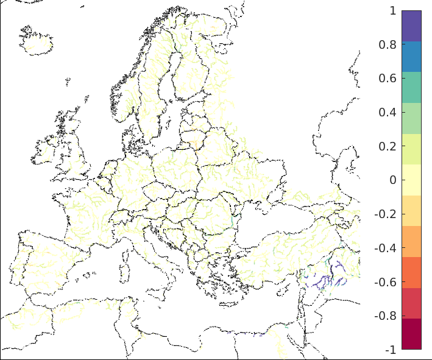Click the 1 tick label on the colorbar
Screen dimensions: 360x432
[392, 11]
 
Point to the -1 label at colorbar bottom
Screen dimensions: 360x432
[390, 350]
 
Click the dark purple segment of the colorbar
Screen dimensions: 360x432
[411, 26]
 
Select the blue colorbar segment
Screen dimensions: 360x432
[411, 57]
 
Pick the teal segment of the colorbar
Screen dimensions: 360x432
[411, 87]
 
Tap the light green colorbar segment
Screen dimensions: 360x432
[411, 118]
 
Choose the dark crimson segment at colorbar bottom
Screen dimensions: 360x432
[411, 334]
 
